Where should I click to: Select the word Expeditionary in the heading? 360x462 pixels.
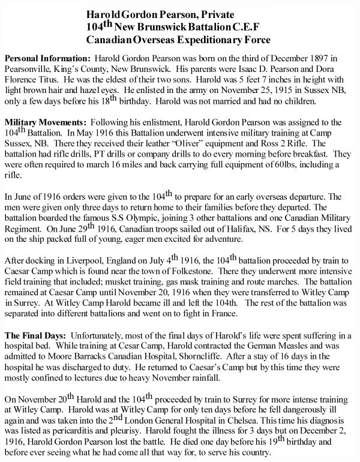[x=217, y=40]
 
